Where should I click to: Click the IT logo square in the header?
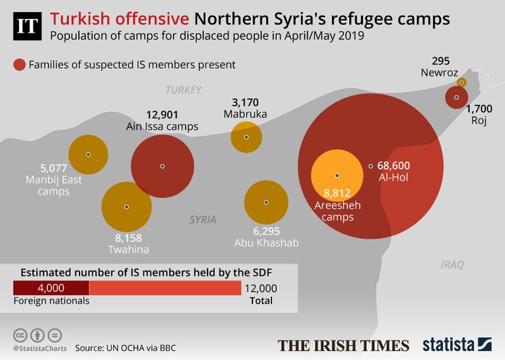(27, 27)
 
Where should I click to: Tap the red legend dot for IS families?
(20, 64)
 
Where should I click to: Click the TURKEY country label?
(183, 90)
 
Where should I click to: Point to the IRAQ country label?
(452, 267)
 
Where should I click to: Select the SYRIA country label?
(203, 220)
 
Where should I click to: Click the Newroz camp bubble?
(462, 82)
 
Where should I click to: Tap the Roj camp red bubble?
(456, 98)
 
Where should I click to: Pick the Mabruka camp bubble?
(247, 137)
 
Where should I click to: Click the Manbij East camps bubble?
(88, 155)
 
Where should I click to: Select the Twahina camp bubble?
(127, 207)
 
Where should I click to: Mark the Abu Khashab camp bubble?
(266, 202)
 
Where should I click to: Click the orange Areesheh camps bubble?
(337, 176)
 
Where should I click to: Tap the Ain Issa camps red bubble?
(162, 166)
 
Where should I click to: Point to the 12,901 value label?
(162, 114)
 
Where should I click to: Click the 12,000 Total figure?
(259, 289)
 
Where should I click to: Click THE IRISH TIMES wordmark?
(344, 345)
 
